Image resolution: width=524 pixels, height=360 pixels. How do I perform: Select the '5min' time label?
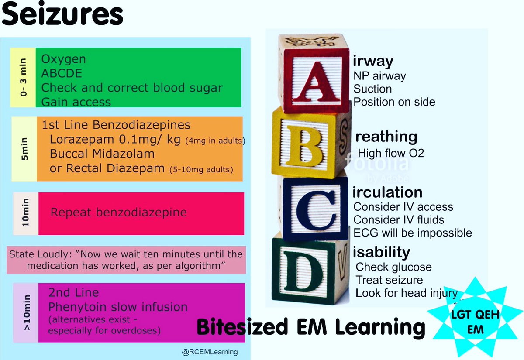coord(24,148)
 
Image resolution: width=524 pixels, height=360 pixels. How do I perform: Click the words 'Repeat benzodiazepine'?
coord(119,213)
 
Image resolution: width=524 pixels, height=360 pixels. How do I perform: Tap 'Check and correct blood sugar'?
coord(132,87)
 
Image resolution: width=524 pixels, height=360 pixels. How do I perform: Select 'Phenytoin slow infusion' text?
coord(118,307)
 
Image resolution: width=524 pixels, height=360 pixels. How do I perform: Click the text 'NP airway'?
coord(379,76)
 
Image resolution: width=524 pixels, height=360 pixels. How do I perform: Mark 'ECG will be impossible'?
coord(413,233)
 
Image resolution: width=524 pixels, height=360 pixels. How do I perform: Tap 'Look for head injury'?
coord(406,293)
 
